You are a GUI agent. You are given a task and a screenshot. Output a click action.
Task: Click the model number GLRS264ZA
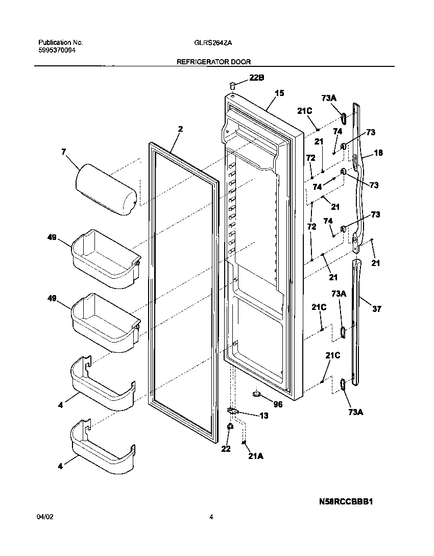213,43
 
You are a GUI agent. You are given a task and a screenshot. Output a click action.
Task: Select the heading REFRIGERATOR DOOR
213,62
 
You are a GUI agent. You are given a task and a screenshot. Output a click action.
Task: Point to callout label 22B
257,78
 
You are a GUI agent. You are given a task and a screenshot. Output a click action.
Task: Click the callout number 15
279,93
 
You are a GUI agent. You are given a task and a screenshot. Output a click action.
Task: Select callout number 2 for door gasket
180,129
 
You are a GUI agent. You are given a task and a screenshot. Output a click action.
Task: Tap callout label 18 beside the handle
378,153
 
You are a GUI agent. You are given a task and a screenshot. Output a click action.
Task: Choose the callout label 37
377,309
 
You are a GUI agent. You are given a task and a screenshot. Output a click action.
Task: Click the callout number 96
278,404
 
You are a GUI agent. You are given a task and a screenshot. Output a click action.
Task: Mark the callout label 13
263,416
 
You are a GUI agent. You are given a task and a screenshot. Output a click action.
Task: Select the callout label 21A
255,457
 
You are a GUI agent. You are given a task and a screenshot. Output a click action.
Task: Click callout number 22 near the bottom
226,449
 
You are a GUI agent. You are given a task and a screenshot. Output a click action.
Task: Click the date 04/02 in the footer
45,517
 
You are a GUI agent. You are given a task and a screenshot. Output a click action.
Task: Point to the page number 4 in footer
211,517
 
